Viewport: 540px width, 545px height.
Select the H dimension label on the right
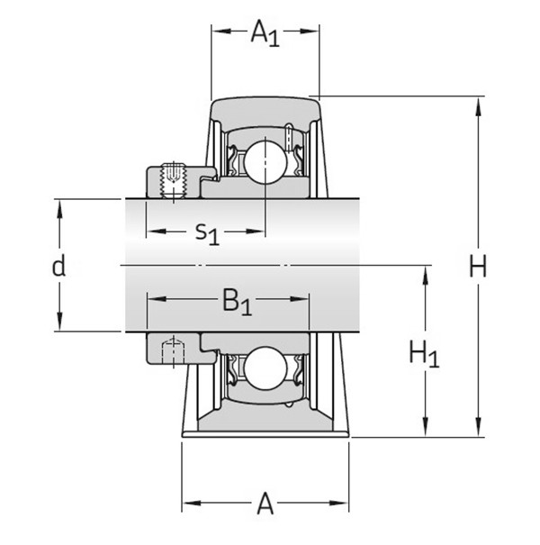point(478,267)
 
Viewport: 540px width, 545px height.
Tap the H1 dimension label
point(424,353)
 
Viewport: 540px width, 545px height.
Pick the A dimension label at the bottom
point(265,504)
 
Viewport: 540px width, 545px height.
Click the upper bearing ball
point(266,162)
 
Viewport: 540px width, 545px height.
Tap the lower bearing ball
point(266,369)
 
